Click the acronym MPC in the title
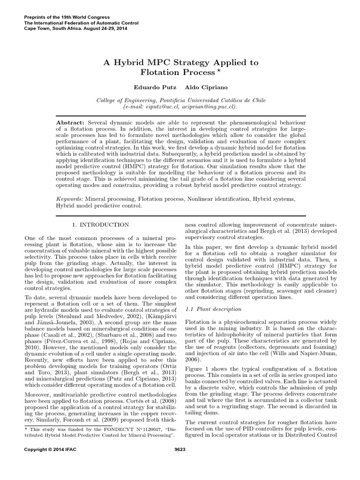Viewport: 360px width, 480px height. (154, 62)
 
